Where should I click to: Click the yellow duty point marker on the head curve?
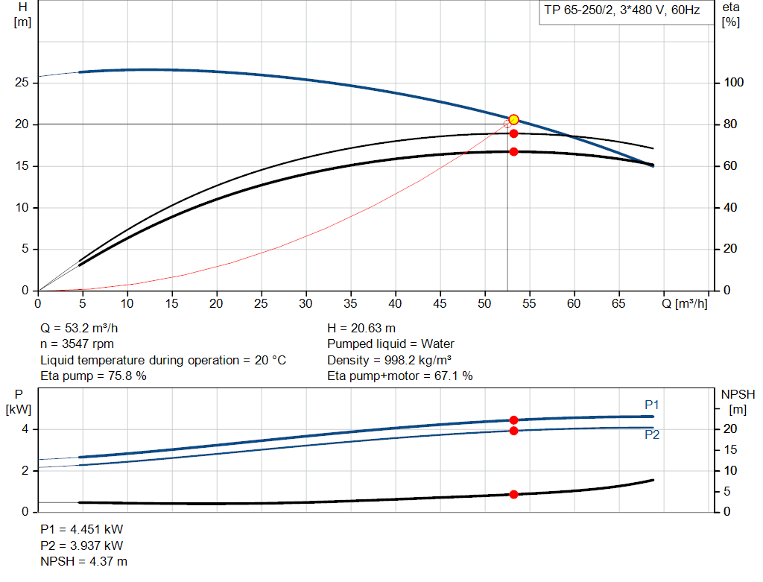coord(513,120)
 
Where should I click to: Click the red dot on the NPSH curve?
coord(513,494)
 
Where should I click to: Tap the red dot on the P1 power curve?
coord(513,420)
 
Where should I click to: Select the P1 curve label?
coord(652,405)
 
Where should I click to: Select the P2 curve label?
coord(652,435)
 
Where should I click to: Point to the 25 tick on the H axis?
coord(22,82)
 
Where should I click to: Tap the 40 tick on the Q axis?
coord(396,303)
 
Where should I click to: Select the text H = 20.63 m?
coord(361,328)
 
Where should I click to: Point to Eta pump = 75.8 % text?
coord(93,376)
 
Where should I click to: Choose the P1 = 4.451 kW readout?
coord(81,529)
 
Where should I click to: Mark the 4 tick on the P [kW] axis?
coord(25,429)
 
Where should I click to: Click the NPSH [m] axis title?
coord(738,401)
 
